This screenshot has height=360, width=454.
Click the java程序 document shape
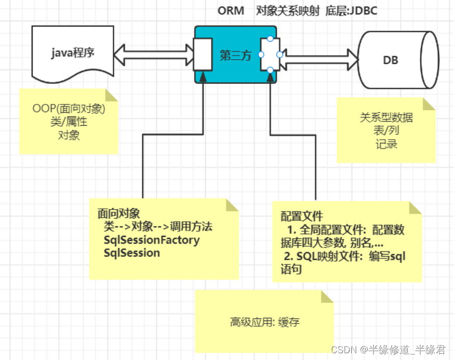pos(72,52)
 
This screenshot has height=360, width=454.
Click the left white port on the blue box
pos(202,55)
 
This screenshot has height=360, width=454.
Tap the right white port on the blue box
pos(270,55)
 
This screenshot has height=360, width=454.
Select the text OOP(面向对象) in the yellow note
pos(69,109)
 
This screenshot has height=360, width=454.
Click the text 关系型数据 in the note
pos(386,117)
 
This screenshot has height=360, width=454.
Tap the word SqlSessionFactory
pos(152,240)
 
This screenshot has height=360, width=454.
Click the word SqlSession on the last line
pos(132,253)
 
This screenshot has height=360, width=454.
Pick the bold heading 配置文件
pos(302,216)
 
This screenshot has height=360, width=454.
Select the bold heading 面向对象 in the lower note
pos(118,214)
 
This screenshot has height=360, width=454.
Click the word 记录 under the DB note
pos(386,144)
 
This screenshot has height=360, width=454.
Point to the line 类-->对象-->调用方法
pos(158,227)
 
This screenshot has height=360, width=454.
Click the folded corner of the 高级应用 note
pos(327,297)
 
